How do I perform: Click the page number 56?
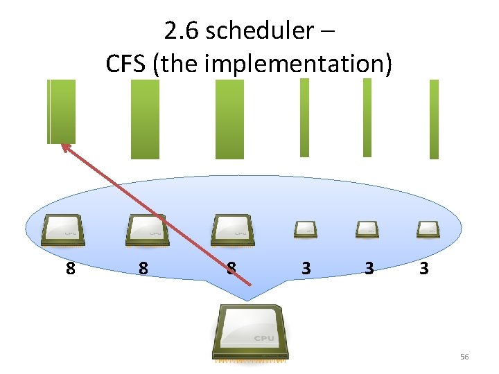pyautogui.click(x=464, y=357)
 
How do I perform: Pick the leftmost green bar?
pyautogui.click(x=61, y=112)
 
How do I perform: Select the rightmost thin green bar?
pyautogui.click(x=434, y=119)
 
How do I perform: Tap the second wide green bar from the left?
pyautogui.click(x=145, y=119)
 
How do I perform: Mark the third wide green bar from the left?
pyautogui.click(x=229, y=119)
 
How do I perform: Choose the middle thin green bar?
pyautogui.click(x=367, y=117)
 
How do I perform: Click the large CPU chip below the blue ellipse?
pyautogui.click(x=252, y=333)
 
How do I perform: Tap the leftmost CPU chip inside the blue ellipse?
pyautogui.click(x=63, y=230)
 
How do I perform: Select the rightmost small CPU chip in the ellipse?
pyautogui.click(x=427, y=229)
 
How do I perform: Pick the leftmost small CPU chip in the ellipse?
pyautogui.click(x=305, y=229)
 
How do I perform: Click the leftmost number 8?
pyautogui.click(x=70, y=268)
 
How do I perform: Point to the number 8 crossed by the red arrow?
pyautogui.click(x=231, y=268)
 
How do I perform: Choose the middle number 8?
pyautogui.click(x=143, y=268)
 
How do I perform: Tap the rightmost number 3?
pyautogui.click(x=423, y=268)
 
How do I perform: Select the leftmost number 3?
pyautogui.click(x=306, y=268)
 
